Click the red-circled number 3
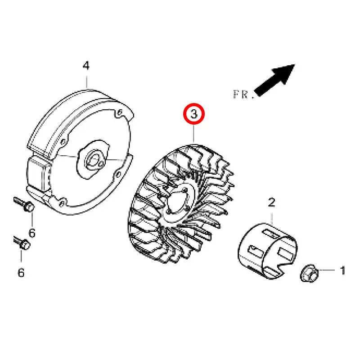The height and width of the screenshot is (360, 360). click(194, 114)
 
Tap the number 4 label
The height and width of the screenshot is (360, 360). click(86, 65)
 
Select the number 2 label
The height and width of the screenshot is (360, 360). click(272, 202)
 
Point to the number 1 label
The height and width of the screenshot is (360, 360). click(343, 270)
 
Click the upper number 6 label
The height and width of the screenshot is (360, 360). click(32, 233)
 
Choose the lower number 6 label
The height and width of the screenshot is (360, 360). click(21, 273)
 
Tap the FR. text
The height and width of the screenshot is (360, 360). click(243, 94)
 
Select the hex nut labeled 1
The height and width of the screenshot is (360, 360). click(310, 273)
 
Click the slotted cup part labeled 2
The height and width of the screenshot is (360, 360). click(268, 251)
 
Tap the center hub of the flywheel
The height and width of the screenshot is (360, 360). click(94, 159)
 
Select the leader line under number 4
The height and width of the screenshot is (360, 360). click(87, 82)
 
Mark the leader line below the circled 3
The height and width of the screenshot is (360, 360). click(194, 134)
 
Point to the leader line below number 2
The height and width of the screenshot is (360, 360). click(272, 219)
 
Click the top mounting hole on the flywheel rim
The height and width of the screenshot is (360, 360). click(120, 112)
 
